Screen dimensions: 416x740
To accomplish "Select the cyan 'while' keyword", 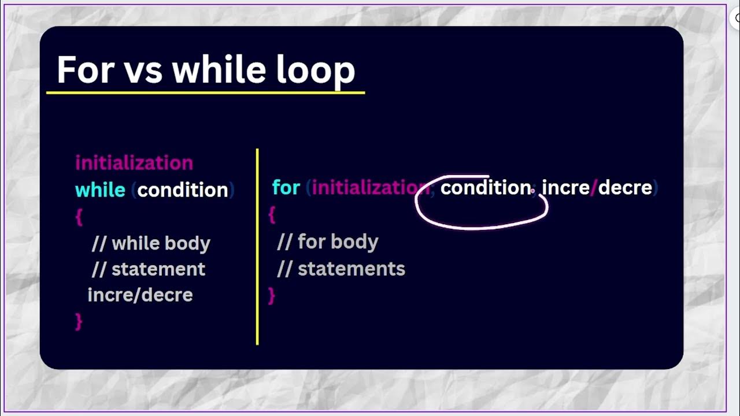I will pos(100,190).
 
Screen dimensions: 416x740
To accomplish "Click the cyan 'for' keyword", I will pos(286,188).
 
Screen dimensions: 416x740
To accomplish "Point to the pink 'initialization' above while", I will pos(134,162).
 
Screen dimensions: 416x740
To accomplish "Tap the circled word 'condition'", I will pos(486,188).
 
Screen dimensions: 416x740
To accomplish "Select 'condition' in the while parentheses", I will pos(183,190).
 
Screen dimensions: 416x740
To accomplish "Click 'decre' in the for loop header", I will pos(625,188).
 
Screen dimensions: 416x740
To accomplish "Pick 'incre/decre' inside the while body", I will pos(140,295).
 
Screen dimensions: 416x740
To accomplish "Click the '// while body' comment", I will pos(151,243).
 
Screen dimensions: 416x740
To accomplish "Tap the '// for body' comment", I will pos(328,242).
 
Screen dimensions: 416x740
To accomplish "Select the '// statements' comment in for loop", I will pos(341,269).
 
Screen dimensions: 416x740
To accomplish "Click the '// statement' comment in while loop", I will pos(149,269).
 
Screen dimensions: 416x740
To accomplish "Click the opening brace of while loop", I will pos(79,217).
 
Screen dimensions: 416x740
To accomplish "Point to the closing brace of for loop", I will pos(272,295).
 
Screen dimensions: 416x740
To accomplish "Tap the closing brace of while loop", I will pos(79,321).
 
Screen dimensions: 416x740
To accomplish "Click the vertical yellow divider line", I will pos(257,248).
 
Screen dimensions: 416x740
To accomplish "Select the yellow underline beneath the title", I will pos(205,92).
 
